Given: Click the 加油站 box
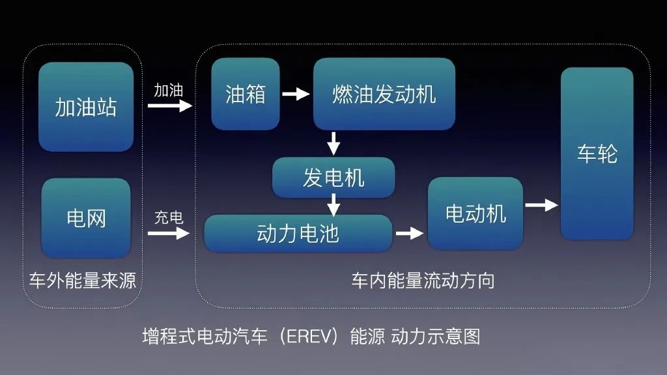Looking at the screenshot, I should click(86, 107).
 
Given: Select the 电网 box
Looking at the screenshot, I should click(86, 217).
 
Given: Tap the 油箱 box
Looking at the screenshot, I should click(246, 94).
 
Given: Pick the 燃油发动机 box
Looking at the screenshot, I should click(384, 94).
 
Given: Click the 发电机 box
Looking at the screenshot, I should click(333, 177).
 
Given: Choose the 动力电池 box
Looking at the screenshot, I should click(298, 233).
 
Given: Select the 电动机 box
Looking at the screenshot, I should click(475, 213).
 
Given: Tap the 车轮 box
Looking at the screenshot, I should click(597, 154).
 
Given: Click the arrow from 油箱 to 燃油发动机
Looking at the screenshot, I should click(296, 94).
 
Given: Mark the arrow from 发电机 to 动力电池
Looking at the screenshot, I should click(333, 204).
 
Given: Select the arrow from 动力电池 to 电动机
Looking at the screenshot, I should click(410, 233).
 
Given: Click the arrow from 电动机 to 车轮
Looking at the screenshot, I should click(541, 205).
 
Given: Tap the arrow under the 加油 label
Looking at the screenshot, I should click(170, 105).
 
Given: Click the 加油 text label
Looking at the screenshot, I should click(168, 90).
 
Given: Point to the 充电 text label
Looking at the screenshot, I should click(168, 217).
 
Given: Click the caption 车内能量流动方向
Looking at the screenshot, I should click(423, 281).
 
